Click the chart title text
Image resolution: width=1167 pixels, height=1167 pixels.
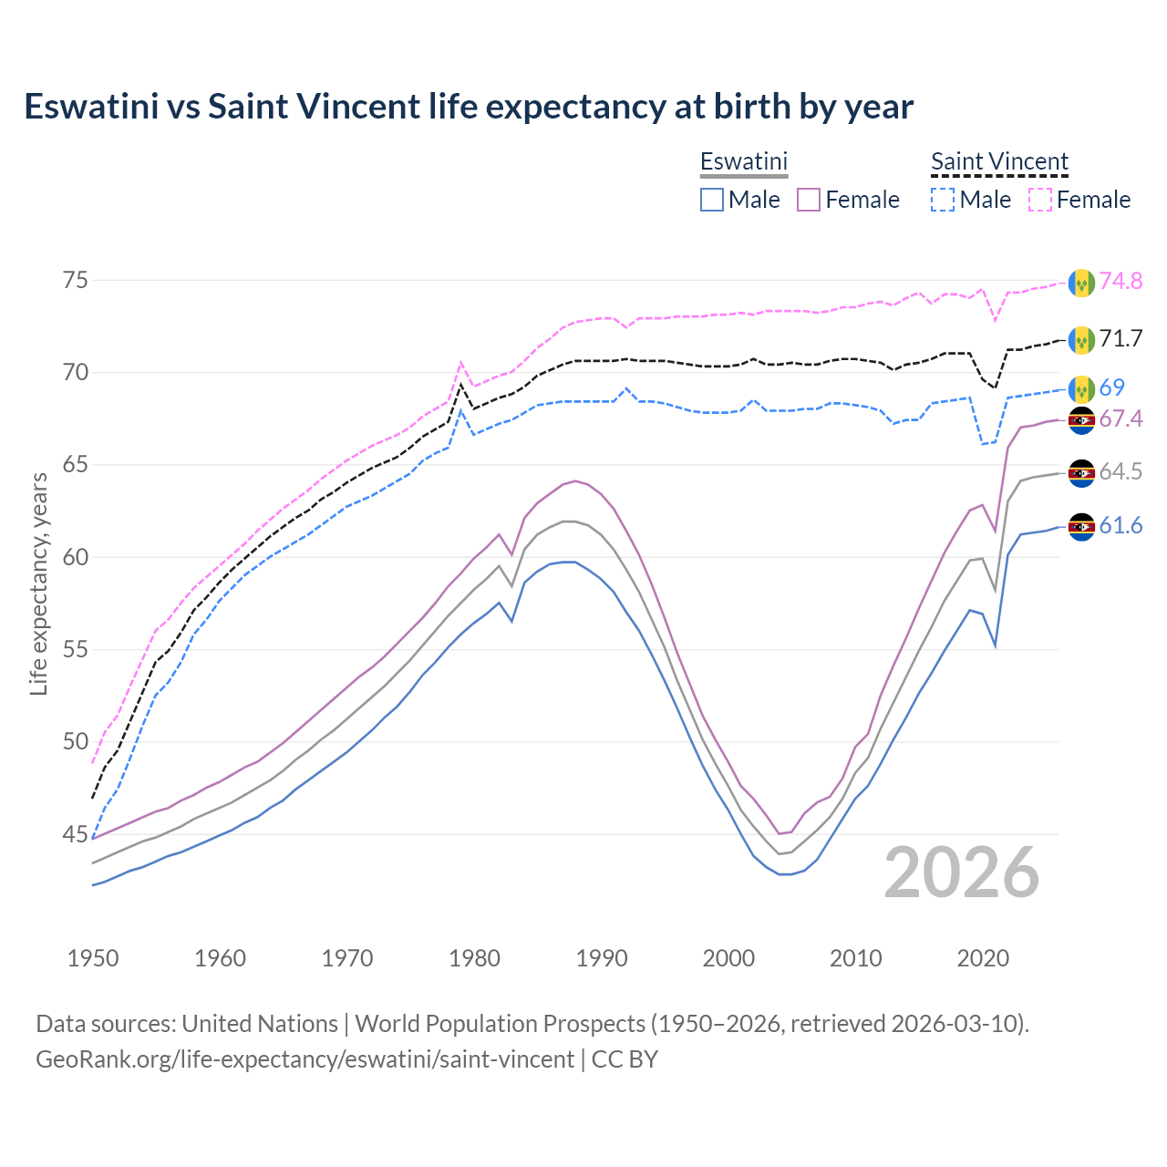pos(469,107)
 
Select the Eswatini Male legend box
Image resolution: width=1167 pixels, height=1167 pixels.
pos(712,200)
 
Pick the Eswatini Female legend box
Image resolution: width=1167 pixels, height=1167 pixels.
pos(809,200)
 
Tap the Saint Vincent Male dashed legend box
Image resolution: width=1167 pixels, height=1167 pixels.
pos(943,200)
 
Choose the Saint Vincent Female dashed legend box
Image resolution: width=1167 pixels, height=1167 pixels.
pos(1039,200)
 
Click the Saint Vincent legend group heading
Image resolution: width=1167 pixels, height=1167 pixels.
pos(999,162)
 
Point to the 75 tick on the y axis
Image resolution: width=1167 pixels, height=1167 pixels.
pos(76,280)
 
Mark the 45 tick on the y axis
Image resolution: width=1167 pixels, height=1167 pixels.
pos(76,834)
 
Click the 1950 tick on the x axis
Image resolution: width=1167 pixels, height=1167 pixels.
pos(93,958)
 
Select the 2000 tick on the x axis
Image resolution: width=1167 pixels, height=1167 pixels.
pos(728,958)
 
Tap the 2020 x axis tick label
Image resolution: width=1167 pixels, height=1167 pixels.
pos(983,958)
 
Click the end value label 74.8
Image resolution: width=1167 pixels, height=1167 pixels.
pos(1121,281)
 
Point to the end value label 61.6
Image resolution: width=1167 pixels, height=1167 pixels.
pos(1121,526)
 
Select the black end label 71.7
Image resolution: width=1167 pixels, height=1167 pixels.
pos(1121,339)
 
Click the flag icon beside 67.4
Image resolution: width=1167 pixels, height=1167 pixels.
pos(1081,420)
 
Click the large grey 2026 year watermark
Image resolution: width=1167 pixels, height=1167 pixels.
pos(961,873)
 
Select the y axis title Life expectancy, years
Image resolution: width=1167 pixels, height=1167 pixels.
pos(39,583)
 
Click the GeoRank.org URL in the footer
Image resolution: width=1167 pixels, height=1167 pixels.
pos(305,1059)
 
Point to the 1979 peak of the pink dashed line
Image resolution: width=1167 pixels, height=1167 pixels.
pos(460,362)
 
